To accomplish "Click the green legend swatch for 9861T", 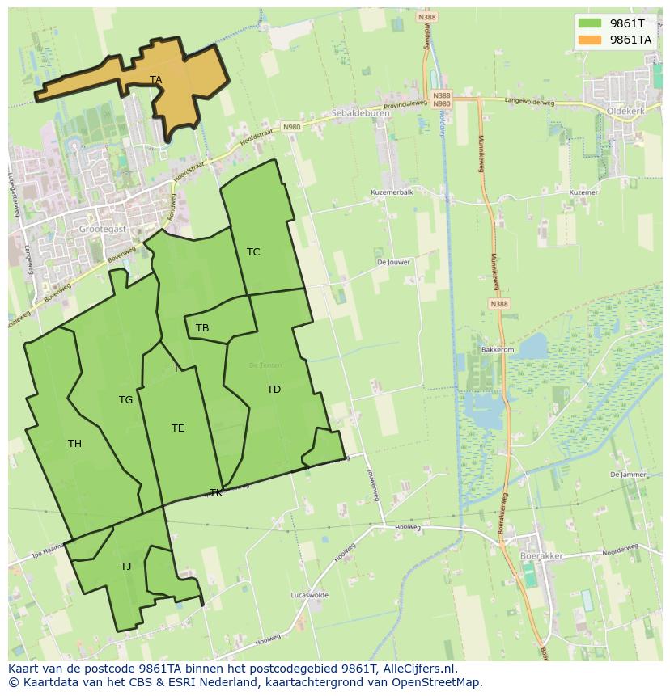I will (x=590, y=23).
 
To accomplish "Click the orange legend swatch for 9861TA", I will (x=590, y=40).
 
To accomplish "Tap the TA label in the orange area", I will (x=156, y=80).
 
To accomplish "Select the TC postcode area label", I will (x=253, y=252).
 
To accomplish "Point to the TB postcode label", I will (x=202, y=328).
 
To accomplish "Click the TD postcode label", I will (x=274, y=390).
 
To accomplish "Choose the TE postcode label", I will (x=178, y=428).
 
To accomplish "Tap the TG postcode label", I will (x=125, y=400).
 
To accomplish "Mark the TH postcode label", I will (x=74, y=444).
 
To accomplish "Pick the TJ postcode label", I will (x=125, y=567).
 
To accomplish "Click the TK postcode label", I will (x=216, y=493).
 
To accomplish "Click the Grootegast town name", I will (x=79, y=230).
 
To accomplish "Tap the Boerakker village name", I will (x=541, y=556).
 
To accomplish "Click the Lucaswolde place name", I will (x=308, y=595).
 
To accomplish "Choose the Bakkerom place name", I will (x=498, y=350).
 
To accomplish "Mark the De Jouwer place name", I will (x=393, y=263).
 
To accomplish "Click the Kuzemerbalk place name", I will (x=392, y=192).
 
